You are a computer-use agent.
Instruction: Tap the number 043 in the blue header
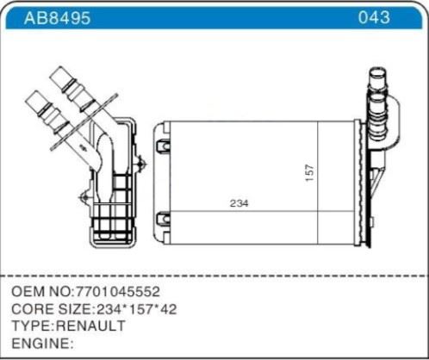(373, 17)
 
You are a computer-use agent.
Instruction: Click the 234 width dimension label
(239, 204)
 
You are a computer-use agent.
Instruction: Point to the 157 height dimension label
(309, 172)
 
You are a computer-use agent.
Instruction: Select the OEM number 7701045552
(114, 292)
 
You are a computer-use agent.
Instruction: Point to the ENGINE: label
(40, 343)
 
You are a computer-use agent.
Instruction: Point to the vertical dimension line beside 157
(319, 172)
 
